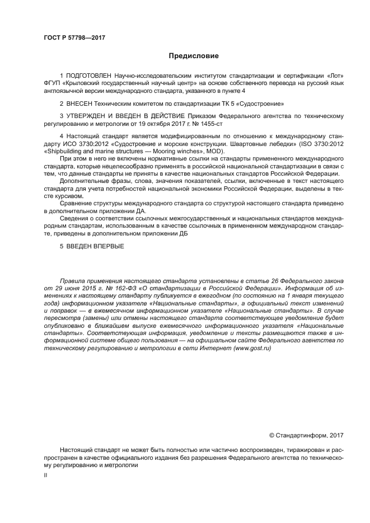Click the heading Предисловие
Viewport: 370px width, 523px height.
pos(194,56)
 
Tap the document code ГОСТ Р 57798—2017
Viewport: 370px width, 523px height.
pos(74,38)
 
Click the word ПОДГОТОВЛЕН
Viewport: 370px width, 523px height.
pos(89,75)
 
